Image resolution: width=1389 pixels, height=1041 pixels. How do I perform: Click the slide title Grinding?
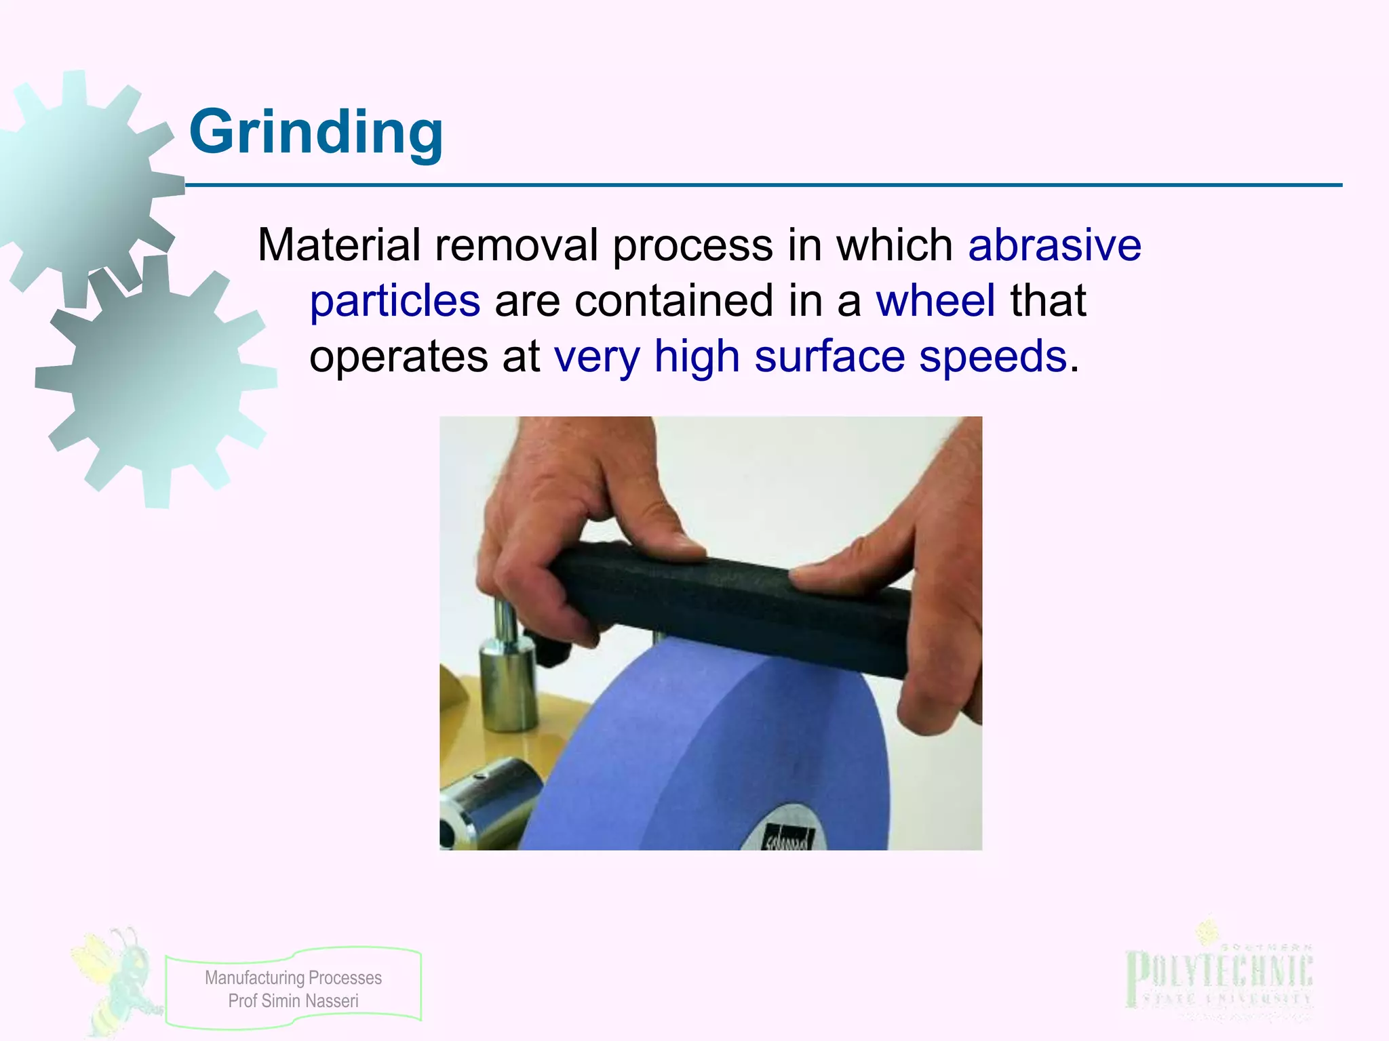click(x=316, y=132)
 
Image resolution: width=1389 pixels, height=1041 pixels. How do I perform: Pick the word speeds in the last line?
click(x=993, y=356)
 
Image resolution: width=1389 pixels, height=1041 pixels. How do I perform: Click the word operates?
click(x=398, y=358)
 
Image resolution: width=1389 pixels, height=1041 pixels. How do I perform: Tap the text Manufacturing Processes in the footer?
click(x=293, y=977)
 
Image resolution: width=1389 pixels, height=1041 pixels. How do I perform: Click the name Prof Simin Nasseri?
click(x=293, y=1001)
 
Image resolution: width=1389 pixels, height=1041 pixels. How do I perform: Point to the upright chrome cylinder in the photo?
click(x=505, y=678)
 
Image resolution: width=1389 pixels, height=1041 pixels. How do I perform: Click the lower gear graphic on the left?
click(x=156, y=380)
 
